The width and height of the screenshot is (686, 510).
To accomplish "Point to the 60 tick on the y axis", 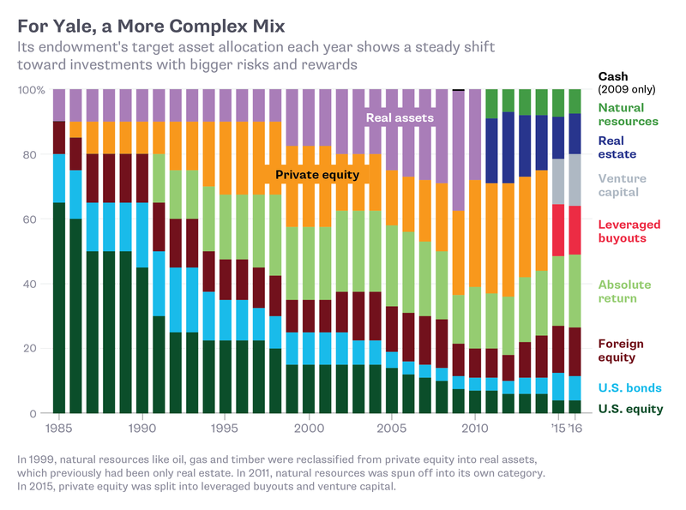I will tap(35, 219).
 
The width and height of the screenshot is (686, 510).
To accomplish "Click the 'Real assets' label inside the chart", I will tap(400, 117).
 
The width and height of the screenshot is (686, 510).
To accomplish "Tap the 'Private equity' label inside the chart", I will tap(316, 175).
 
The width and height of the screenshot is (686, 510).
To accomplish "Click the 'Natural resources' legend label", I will tap(628, 115).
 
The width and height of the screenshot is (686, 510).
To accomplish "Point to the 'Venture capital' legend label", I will tap(622, 185).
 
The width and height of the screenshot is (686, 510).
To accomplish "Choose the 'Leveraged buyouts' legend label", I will tap(628, 231).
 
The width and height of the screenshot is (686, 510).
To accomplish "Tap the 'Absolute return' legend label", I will tap(623, 291).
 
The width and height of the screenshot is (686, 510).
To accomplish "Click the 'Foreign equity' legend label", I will tap(621, 351).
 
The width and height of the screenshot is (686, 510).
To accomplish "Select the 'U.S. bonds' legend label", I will tap(629, 388).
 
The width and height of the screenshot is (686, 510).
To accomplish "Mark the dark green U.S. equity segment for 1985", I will tap(58, 308).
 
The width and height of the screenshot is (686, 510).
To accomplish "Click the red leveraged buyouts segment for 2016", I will tap(575, 230).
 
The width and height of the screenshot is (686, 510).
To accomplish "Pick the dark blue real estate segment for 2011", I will tap(491, 150).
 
